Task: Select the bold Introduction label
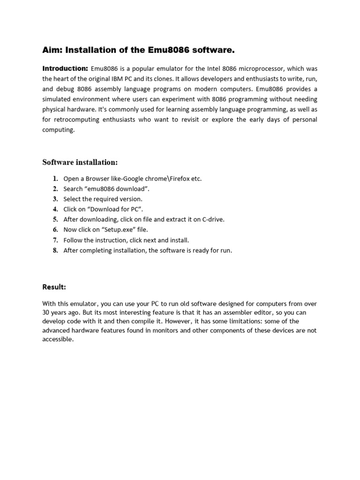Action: (65, 68)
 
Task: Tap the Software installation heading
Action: (80, 162)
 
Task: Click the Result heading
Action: (54, 286)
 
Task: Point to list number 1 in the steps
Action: (55, 179)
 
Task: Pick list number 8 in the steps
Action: (55, 250)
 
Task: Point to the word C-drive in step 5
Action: (213, 219)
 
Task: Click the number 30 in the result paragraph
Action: (46, 312)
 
